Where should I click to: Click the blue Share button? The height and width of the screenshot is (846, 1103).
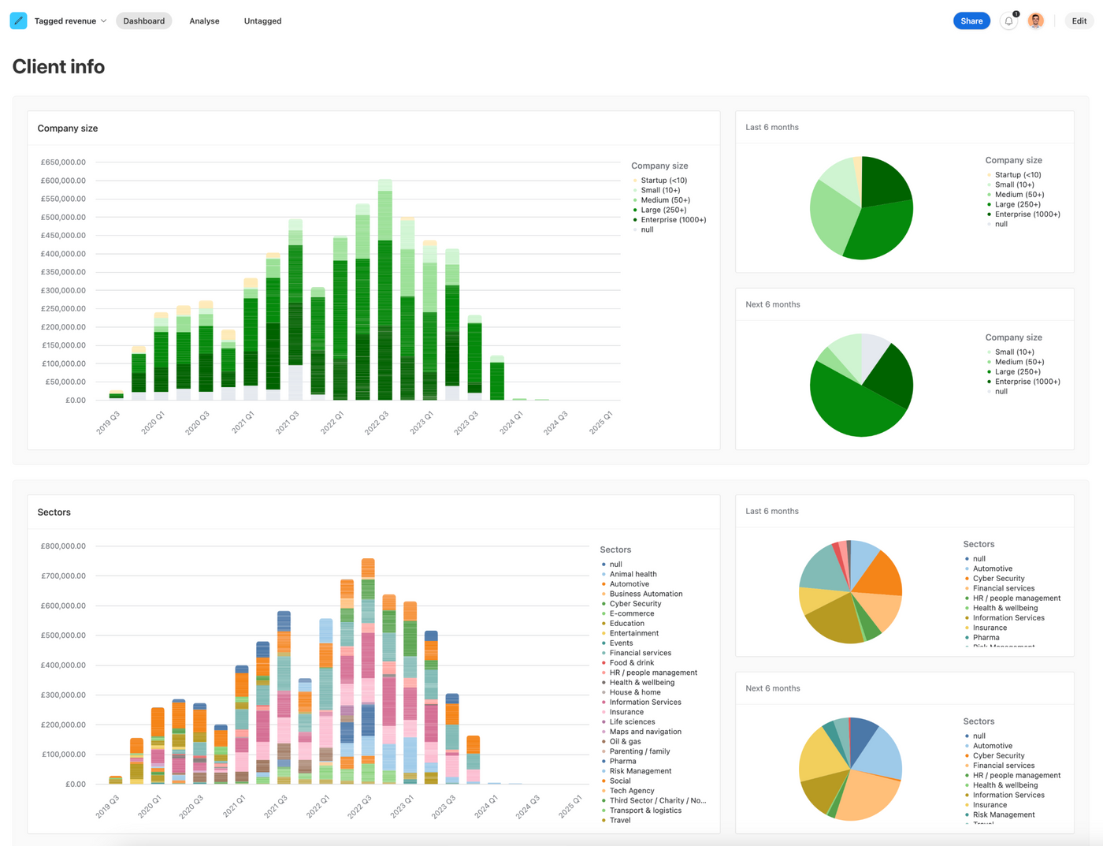[971, 21]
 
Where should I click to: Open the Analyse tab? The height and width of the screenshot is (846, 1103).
[204, 21]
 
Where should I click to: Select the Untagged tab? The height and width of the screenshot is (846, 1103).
[262, 21]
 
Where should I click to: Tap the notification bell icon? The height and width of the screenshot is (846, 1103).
[1008, 21]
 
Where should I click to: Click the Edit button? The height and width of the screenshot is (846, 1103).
[1079, 21]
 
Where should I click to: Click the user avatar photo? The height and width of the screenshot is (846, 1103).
[1035, 21]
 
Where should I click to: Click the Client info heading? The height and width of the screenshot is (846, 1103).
[58, 67]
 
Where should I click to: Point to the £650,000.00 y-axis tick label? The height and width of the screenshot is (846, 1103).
[63, 162]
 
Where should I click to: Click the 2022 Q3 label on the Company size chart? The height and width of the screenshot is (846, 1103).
[376, 423]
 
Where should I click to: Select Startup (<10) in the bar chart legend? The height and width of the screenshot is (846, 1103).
[663, 181]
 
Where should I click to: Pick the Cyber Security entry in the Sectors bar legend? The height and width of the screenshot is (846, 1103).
[635, 604]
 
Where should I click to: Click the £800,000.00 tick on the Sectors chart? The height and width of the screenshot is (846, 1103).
[63, 546]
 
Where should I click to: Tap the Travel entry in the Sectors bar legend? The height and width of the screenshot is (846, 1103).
[620, 821]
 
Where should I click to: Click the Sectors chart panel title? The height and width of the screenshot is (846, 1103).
[54, 512]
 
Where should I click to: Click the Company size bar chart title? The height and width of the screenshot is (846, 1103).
[68, 129]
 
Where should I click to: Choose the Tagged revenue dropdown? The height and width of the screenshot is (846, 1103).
[70, 21]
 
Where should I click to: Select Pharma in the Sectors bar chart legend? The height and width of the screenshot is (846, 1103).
[622, 762]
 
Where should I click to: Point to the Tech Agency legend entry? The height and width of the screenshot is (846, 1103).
[632, 791]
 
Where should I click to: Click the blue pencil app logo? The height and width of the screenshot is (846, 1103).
[18, 21]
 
